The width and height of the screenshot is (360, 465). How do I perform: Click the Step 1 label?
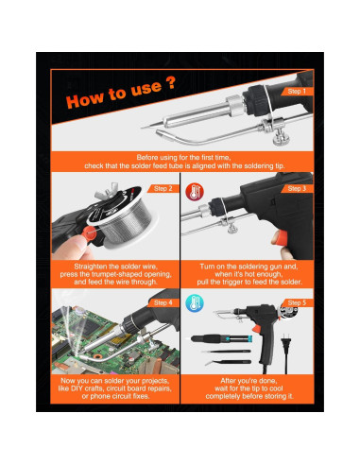click(x=297, y=92)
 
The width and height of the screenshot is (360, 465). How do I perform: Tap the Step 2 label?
click(x=163, y=188)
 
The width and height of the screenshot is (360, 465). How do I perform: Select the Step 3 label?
click(x=297, y=188)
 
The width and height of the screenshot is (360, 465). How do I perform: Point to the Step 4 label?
click(x=163, y=302)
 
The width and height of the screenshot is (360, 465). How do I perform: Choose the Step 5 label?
click(x=297, y=302)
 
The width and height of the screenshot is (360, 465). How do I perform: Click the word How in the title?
click(x=84, y=99)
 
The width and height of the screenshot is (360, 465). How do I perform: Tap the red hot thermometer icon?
click(x=195, y=192)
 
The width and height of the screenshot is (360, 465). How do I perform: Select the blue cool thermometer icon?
click(x=195, y=303)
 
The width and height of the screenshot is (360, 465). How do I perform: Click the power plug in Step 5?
click(x=285, y=343)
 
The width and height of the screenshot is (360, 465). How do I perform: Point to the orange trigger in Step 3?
click(x=279, y=237)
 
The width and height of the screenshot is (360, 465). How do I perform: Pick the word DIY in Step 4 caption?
click(x=77, y=388)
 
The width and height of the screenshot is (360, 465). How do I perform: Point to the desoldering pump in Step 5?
click(x=221, y=339)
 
